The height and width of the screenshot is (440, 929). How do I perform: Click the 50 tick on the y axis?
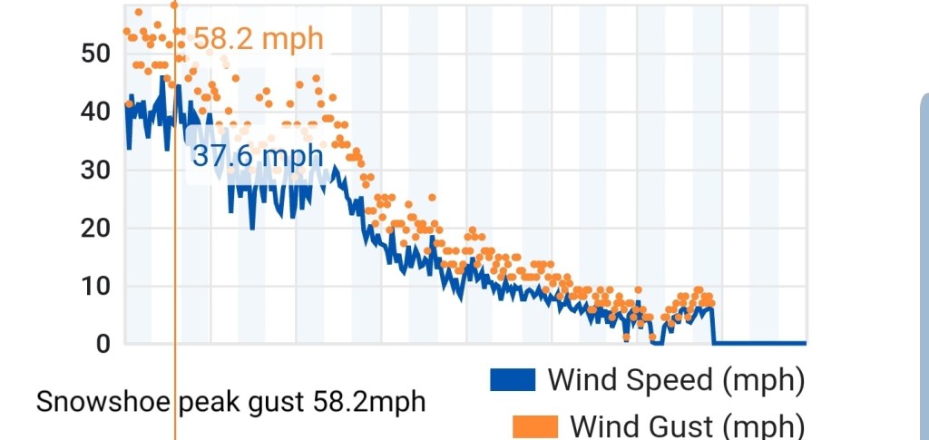click(x=95, y=53)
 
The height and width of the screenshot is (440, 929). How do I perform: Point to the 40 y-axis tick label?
click(x=95, y=111)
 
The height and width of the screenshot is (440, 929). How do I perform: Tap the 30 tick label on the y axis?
click(x=95, y=169)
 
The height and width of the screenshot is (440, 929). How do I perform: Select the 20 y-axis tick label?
click(x=95, y=228)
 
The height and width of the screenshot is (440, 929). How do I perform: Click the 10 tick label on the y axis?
click(x=95, y=286)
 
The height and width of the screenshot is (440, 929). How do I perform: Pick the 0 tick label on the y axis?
click(x=103, y=344)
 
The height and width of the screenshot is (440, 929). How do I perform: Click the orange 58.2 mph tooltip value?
click(x=258, y=39)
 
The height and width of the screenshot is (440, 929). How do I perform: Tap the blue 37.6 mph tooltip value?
click(x=258, y=155)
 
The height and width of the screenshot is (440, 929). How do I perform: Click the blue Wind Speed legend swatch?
click(x=513, y=380)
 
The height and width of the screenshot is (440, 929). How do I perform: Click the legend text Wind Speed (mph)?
click(x=676, y=379)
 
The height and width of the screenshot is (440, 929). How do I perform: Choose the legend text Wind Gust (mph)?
click(x=687, y=425)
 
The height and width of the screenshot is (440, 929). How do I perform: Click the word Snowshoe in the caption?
click(x=103, y=401)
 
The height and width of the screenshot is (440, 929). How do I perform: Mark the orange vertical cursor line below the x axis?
click(x=175, y=390)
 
